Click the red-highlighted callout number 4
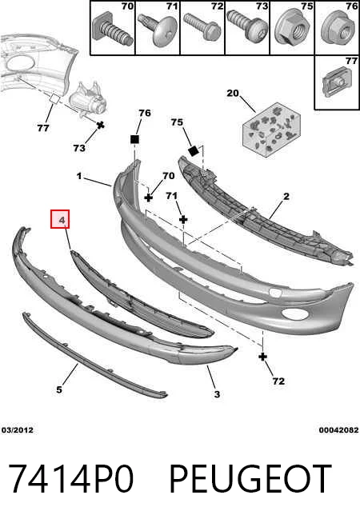pos(60,219)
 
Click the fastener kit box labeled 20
pos(271,130)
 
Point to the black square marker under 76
pos(134,139)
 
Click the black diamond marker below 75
pos(194,151)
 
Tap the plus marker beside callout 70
pos(149,198)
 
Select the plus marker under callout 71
pos(183,219)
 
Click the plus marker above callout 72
pos(263,357)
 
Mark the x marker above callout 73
pos(100,126)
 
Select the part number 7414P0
pos(70,479)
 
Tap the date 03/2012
pos(18,430)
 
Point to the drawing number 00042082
pos(338,430)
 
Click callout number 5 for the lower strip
pos(59,389)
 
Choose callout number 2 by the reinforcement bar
pos(286,197)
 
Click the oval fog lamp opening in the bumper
pos(291,313)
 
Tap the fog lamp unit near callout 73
pos(87,100)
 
